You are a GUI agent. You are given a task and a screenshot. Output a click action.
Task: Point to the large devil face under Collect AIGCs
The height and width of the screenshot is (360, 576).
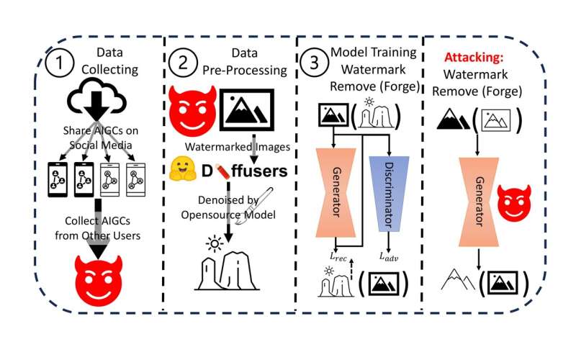(x=97, y=277)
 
